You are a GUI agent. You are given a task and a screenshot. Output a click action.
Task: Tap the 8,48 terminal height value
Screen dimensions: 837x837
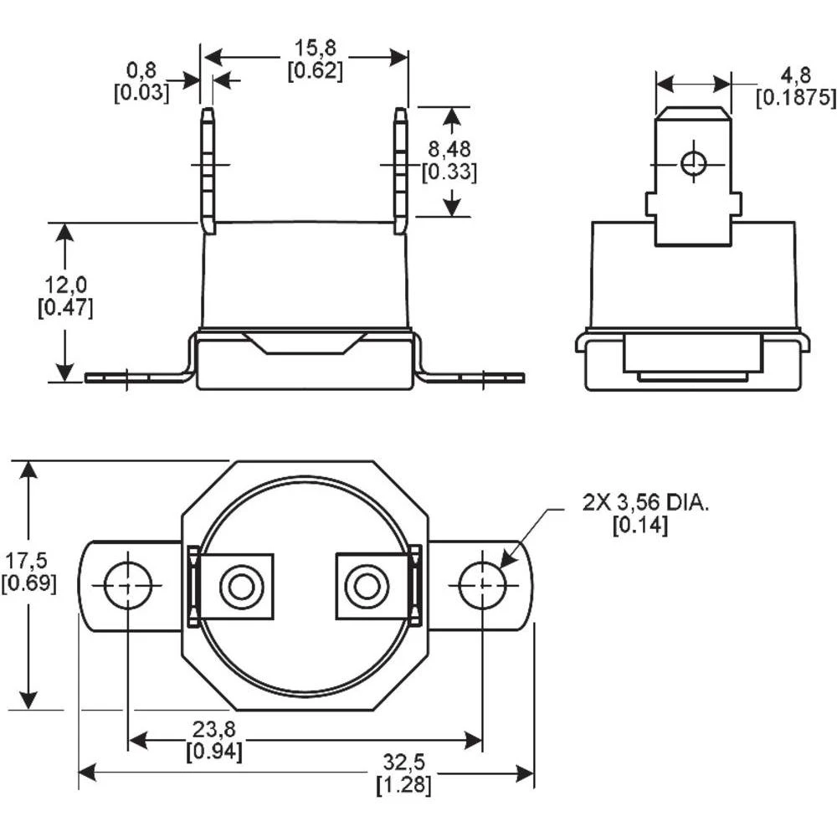[449, 149]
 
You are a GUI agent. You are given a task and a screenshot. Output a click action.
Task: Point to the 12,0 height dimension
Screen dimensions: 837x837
[65, 286]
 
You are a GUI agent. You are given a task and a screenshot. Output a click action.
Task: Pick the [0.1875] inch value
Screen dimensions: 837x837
[795, 98]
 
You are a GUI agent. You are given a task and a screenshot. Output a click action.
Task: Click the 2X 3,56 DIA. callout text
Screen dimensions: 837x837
[646, 503]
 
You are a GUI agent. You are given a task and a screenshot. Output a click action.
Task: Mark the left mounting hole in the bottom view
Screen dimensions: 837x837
[128, 585]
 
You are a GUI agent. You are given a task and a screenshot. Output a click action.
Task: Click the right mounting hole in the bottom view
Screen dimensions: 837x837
[482, 585]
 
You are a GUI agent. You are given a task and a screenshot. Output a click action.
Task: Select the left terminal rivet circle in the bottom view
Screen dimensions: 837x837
[241, 586]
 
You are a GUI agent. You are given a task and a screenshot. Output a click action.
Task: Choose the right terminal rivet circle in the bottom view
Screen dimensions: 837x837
[367, 586]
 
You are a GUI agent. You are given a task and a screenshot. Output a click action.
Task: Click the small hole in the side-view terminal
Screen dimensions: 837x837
[693, 163]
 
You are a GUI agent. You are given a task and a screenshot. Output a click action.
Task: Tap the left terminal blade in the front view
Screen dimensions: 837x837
[208, 171]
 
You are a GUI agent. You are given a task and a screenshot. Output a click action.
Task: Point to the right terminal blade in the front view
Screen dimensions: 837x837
[401, 171]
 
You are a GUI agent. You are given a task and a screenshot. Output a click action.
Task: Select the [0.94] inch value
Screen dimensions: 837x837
[214, 752]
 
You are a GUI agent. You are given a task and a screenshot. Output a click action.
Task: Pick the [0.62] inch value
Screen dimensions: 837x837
[315, 72]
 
